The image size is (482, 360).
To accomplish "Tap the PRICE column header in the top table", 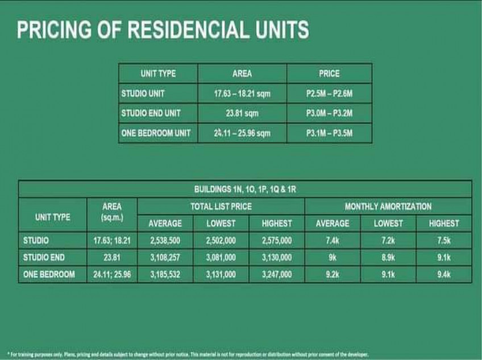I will pos(329,73).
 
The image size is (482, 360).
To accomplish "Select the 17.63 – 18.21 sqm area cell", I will pos(242,93).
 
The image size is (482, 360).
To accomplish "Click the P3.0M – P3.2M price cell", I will pos(329,113).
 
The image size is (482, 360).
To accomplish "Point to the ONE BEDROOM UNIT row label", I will pos(156,133).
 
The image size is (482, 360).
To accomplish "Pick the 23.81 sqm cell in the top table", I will pos(242,113).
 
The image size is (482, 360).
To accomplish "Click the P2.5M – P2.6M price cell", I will pos(329,93).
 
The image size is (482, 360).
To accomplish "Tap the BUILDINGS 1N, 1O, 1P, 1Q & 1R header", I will pos(245,189).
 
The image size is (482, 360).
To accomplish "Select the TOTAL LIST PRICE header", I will pos(221,206).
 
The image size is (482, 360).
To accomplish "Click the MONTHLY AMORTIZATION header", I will pos(388,206).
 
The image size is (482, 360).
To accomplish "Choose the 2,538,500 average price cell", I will pos(165,241).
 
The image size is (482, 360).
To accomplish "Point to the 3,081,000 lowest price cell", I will pos(221,257).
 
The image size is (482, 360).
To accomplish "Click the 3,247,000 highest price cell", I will pos(277,274).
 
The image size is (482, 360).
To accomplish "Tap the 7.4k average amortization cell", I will pos(333,241).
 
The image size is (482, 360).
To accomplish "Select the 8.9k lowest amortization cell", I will pos(388,257).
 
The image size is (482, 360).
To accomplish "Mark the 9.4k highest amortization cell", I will pos(444,274).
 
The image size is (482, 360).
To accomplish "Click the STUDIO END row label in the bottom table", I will pos(44,257).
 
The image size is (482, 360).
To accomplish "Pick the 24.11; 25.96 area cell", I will pos(112,274).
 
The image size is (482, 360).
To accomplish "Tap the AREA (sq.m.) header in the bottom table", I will pos(112,212).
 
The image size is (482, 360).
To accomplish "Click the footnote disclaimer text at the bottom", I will pos(188,354).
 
